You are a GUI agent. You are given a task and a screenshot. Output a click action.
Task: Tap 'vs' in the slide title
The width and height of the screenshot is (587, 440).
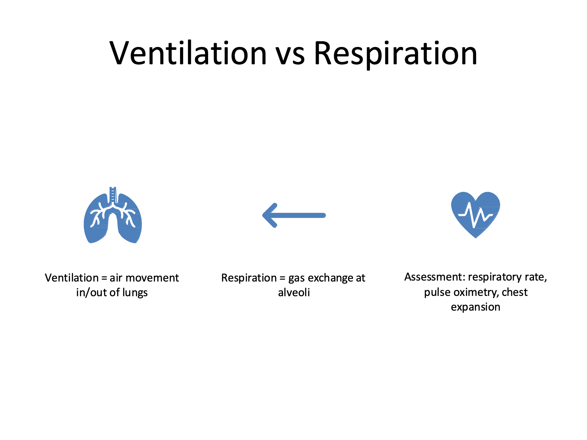[290, 57]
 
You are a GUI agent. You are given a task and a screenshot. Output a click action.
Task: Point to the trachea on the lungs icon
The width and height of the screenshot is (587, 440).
[113, 195]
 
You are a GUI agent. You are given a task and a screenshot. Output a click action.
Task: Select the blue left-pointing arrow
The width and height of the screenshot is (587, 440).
[294, 215]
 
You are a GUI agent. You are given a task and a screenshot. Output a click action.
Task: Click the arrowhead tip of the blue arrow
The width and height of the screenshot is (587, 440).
[263, 215]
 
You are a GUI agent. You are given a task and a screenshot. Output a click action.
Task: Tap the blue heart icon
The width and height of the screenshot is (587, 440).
[475, 215]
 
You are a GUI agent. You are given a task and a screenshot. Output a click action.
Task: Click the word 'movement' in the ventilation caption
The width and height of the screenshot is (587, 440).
[152, 278]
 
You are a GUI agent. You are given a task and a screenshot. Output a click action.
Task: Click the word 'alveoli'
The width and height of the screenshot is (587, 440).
[294, 292]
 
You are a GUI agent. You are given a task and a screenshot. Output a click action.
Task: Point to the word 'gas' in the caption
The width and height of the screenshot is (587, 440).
[296, 279]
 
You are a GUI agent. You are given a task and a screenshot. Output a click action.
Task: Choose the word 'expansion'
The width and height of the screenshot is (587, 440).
[475, 307]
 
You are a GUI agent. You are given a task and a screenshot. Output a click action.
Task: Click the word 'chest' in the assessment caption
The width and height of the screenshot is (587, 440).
[515, 292]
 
